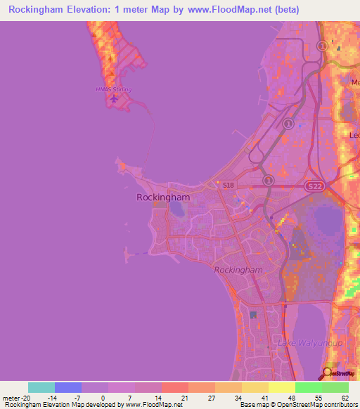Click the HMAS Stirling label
(113, 89)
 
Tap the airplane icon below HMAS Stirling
(114, 98)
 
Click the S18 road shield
(227, 186)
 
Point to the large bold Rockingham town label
(163, 197)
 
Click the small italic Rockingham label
(238, 269)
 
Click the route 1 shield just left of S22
(268, 180)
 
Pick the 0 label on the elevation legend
(108, 397)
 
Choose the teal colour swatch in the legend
(41, 387)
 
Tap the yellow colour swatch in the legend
(281, 387)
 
